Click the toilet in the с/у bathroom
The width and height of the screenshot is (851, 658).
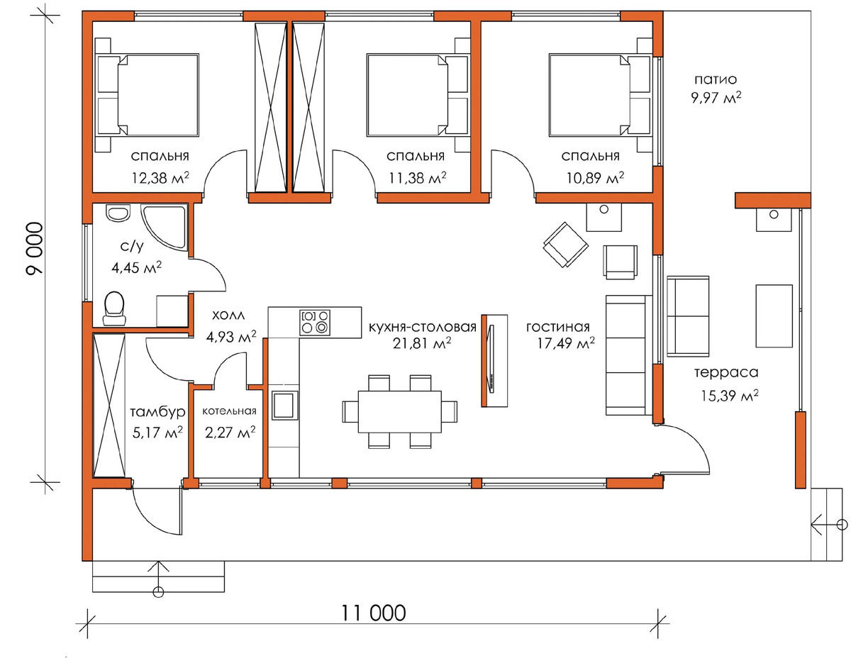point(114,308)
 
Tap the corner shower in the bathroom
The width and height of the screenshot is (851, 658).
point(164,228)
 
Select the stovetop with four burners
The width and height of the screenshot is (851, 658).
point(314,322)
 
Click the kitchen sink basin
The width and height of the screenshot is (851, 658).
point(283,405)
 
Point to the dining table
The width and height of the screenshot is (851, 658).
point(400,411)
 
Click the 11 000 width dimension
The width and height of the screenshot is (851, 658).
point(373,613)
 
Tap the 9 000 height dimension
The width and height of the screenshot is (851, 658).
point(35,249)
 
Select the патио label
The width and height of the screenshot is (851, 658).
point(716,79)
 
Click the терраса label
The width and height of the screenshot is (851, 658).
point(726,372)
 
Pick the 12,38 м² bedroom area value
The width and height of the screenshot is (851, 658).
point(160,178)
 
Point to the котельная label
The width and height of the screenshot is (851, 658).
point(229,411)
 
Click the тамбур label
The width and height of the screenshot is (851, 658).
point(157,412)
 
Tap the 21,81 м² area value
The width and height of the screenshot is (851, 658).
point(422,343)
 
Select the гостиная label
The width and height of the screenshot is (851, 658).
point(557,327)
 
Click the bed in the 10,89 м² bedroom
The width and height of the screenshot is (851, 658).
point(599,95)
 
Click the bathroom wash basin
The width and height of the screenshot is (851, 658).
point(118,213)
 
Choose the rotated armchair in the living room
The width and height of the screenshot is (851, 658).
point(565,245)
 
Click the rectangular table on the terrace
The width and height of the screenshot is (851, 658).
point(774,316)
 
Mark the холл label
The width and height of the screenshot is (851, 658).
point(229,315)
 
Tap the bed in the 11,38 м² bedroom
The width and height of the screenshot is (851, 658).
point(418,95)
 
